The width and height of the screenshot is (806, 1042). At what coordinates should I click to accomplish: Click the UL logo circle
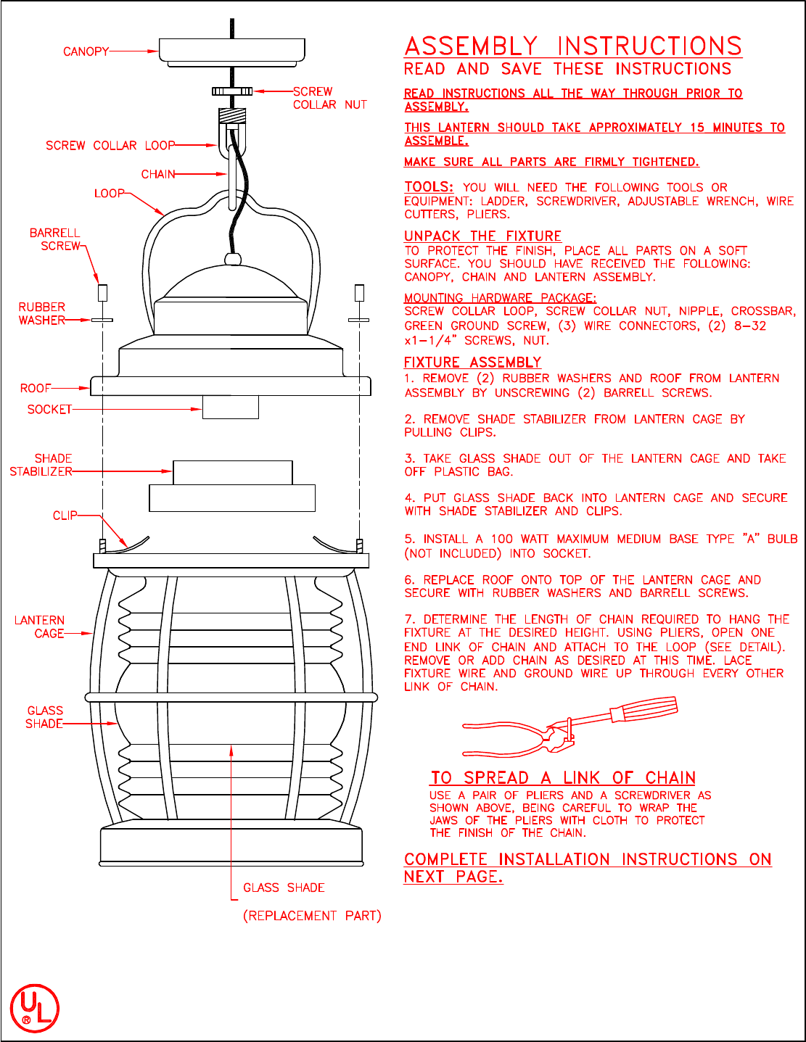pos(34,1008)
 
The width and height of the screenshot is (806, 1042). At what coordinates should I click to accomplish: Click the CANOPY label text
pos(86,51)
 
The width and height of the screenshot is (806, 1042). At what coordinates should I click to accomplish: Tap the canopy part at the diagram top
pos(232,51)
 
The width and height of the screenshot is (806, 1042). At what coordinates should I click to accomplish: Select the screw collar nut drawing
pos(232,91)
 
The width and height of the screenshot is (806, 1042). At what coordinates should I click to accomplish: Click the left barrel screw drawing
pos(102,293)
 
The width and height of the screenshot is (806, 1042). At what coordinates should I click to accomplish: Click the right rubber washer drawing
pos(359,320)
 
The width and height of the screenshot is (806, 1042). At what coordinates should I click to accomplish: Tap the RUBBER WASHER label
pos(42,313)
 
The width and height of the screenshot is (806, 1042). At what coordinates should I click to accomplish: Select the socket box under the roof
pos(231,408)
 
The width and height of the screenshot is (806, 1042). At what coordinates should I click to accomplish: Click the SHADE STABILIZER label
pos(41,465)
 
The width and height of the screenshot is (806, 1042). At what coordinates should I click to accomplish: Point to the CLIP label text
pos(65,516)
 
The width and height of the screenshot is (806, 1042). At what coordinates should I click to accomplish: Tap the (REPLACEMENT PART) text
pos(312,916)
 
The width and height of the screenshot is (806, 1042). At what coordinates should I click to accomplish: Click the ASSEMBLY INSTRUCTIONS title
pos(573,46)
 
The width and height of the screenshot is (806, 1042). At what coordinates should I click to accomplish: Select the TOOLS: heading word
pos(429,187)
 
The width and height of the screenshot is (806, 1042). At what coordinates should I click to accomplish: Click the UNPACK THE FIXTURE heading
pos(482,236)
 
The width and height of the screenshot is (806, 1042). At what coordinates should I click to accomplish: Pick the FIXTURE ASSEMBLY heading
pos(472,363)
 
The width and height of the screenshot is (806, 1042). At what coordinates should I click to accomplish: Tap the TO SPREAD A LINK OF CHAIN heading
pos(563,778)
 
